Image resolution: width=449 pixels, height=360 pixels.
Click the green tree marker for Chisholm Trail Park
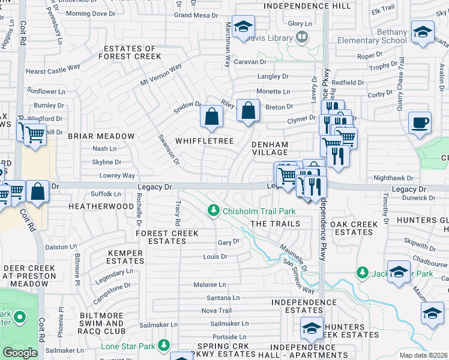coord(213,211)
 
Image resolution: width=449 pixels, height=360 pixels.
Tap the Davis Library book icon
coord(302,37)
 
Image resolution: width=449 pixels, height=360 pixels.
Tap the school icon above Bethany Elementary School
coord(422,31)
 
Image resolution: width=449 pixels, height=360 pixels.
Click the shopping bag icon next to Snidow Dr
coord(211,117)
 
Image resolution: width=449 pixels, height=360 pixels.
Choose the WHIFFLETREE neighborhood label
coord(204,140)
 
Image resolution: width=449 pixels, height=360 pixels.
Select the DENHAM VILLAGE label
coord(270,149)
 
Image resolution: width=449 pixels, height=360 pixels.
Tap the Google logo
coord(20,353)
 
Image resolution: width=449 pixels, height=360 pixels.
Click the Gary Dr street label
coord(229,242)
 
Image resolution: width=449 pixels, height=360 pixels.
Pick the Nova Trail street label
coord(216,310)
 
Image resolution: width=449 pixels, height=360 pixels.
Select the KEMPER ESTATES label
coord(125,257)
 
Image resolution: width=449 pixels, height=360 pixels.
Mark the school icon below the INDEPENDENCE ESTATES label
coord(311,328)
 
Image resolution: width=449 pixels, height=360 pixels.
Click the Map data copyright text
coord(423,355)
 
